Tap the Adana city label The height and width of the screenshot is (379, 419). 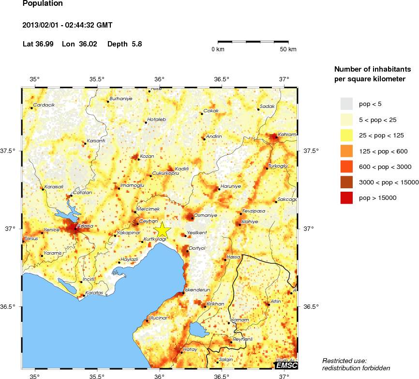85,227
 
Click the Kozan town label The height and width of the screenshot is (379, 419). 147,156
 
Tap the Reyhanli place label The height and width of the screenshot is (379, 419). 243,339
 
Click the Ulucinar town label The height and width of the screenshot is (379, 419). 158,318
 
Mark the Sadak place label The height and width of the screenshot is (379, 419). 267,106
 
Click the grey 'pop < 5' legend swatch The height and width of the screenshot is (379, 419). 346,104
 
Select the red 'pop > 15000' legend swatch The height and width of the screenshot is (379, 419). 346,197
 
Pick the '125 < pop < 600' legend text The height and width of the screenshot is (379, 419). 383,152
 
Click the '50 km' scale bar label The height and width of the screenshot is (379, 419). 288,49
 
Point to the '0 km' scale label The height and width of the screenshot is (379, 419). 217,49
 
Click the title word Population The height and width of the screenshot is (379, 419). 43,3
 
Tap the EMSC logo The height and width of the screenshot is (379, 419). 286,365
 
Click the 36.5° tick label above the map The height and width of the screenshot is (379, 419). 222,79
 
